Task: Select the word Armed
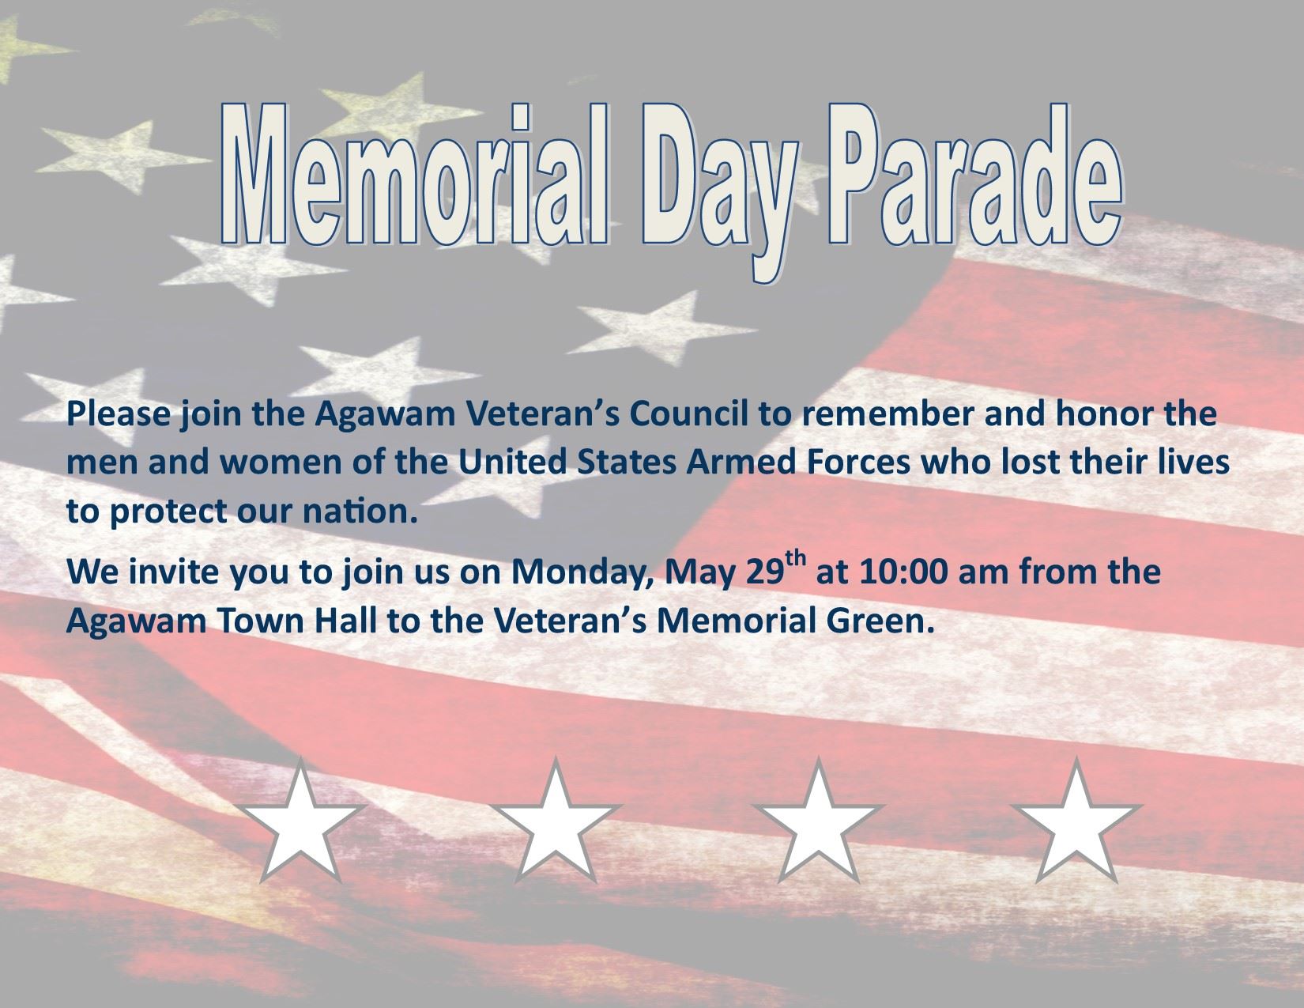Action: click(x=736, y=463)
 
